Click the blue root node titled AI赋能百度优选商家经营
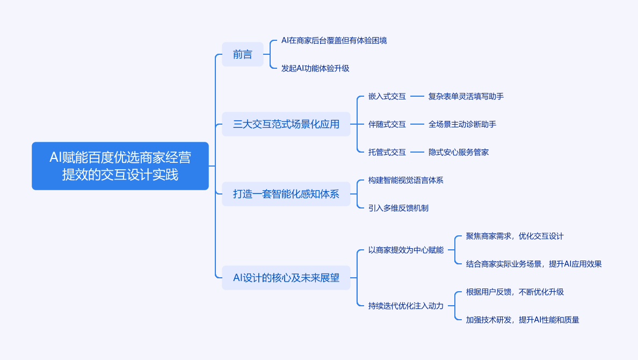(120, 166)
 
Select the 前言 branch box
(243, 54)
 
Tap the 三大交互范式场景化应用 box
(286, 124)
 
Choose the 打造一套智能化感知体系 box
(286, 194)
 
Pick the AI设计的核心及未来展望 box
(286, 278)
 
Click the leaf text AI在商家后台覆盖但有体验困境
(334, 40)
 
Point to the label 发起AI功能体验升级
(315, 68)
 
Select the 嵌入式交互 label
(387, 96)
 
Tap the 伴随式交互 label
(387, 124)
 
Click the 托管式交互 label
(387, 152)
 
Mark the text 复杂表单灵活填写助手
(466, 96)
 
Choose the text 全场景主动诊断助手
(462, 124)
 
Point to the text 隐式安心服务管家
(458, 152)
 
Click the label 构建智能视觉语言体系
(405, 180)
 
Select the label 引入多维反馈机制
(398, 208)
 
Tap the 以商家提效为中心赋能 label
(405, 250)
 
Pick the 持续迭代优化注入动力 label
(405, 306)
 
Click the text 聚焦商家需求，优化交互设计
(514, 236)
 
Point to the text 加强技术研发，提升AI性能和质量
(522, 320)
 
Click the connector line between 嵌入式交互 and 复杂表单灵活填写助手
(417, 96)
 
